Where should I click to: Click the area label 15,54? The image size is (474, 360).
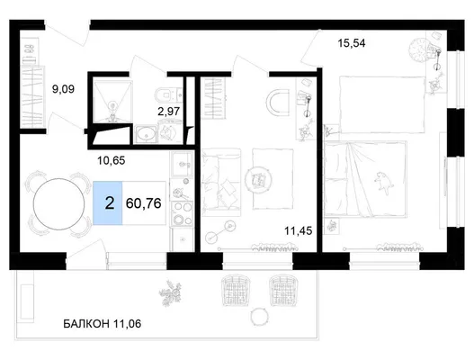pyautogui.click(x=352, y=43)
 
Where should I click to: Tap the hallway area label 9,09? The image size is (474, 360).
pyautogui.click(x=63, y=89)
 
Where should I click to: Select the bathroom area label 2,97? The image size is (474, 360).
pyautogui.click(x=169, y=112)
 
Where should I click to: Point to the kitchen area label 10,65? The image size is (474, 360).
pyautogui.click(x=111, y=160)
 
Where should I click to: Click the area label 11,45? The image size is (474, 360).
pyautogui.click(x=298, y=231)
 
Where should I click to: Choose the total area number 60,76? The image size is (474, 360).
pyautogui.click(x=143, y=203)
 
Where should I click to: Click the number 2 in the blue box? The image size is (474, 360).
pyautogui.click(x=110, y=203)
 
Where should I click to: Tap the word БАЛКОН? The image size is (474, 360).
pyautogui.click(x=86, y=324)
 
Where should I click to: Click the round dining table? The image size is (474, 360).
pyautogui.click(x=59, y=204)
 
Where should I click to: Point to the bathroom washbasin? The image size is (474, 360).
pyautogui.click(x=147, y=134)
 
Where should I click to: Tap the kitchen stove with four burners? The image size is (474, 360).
pyautogui.click(x=182, y=213)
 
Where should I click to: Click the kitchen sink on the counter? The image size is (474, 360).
pyautogui.click(x=182, y=165)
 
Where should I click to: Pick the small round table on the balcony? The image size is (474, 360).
pyautogui.click(x=259, y=317)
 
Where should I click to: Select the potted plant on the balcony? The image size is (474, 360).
pyautogui.click(x=171, y=292)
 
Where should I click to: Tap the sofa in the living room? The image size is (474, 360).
pyautogui.click(x=221, y=183)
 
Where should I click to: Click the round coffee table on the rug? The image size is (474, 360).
pyautogui.click(x=258, y=180)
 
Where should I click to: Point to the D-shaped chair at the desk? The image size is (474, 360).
pyautogui.click(x=279, y=103)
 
